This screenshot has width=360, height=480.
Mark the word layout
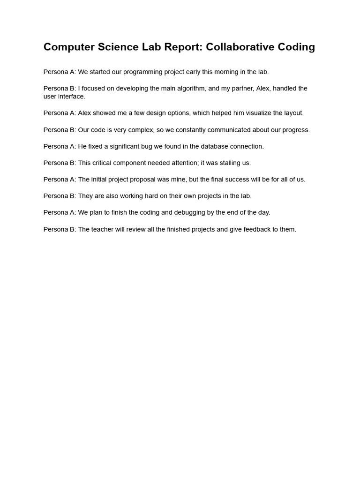293,113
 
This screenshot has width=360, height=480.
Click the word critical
103,163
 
